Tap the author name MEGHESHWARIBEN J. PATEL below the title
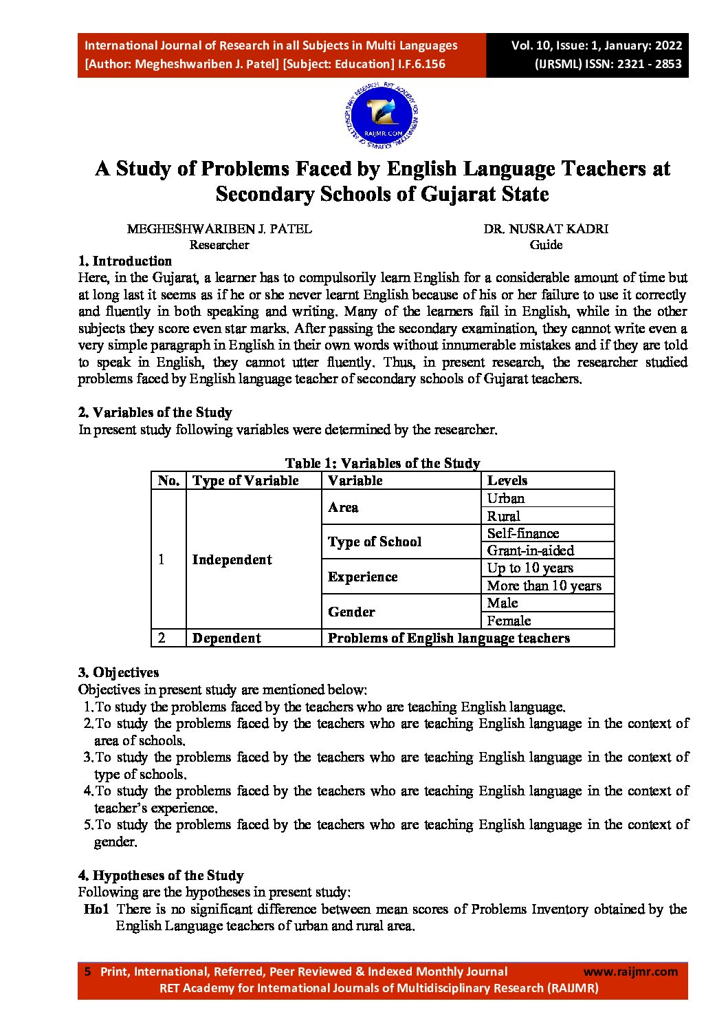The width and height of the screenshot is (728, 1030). click(x=219, y=229)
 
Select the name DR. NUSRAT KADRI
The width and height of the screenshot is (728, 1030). click(x=546, y=229)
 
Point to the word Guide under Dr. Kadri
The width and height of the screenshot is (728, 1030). click(x=546, y=245)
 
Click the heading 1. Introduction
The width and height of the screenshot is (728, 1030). click(x=125, y=261)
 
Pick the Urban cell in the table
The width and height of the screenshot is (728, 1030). click(x=506, y=498)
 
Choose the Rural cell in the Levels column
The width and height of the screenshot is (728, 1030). click(x=504, y=516)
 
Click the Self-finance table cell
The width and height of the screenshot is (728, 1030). click(x=523, y=533)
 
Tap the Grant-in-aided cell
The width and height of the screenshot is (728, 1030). click(x=531, y=550)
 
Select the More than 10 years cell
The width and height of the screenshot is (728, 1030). click(x=544, y=586)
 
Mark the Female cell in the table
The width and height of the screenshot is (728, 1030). click(x=509, y=621)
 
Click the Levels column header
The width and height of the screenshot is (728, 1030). click(x=507, y=480)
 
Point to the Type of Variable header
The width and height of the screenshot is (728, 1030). click(x=245, y=480)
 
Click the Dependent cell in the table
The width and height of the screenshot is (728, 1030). click(x=227, y=638)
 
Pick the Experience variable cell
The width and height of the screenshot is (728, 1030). click(x=363, y=577)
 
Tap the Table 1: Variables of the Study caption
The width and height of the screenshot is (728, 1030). click(x=383, y=463)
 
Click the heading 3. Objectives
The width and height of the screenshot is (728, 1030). click(x=119, y=672)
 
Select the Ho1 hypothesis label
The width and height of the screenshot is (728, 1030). click(x=96, y=909)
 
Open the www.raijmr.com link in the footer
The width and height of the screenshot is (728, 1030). click(x=630, y=972)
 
